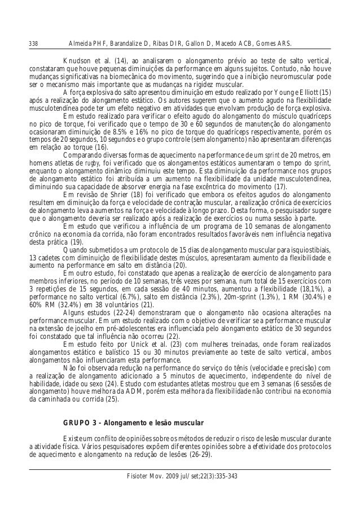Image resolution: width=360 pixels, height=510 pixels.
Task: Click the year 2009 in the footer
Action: click(172, 475)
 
